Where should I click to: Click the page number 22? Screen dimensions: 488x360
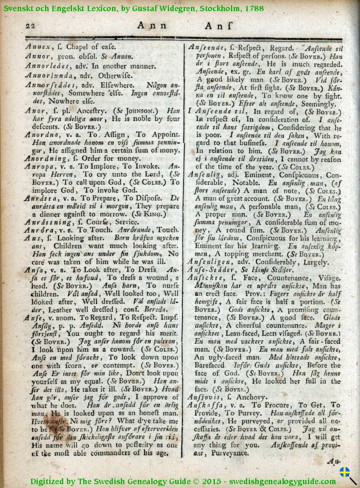pyautogui.click(x=30, y=26)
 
